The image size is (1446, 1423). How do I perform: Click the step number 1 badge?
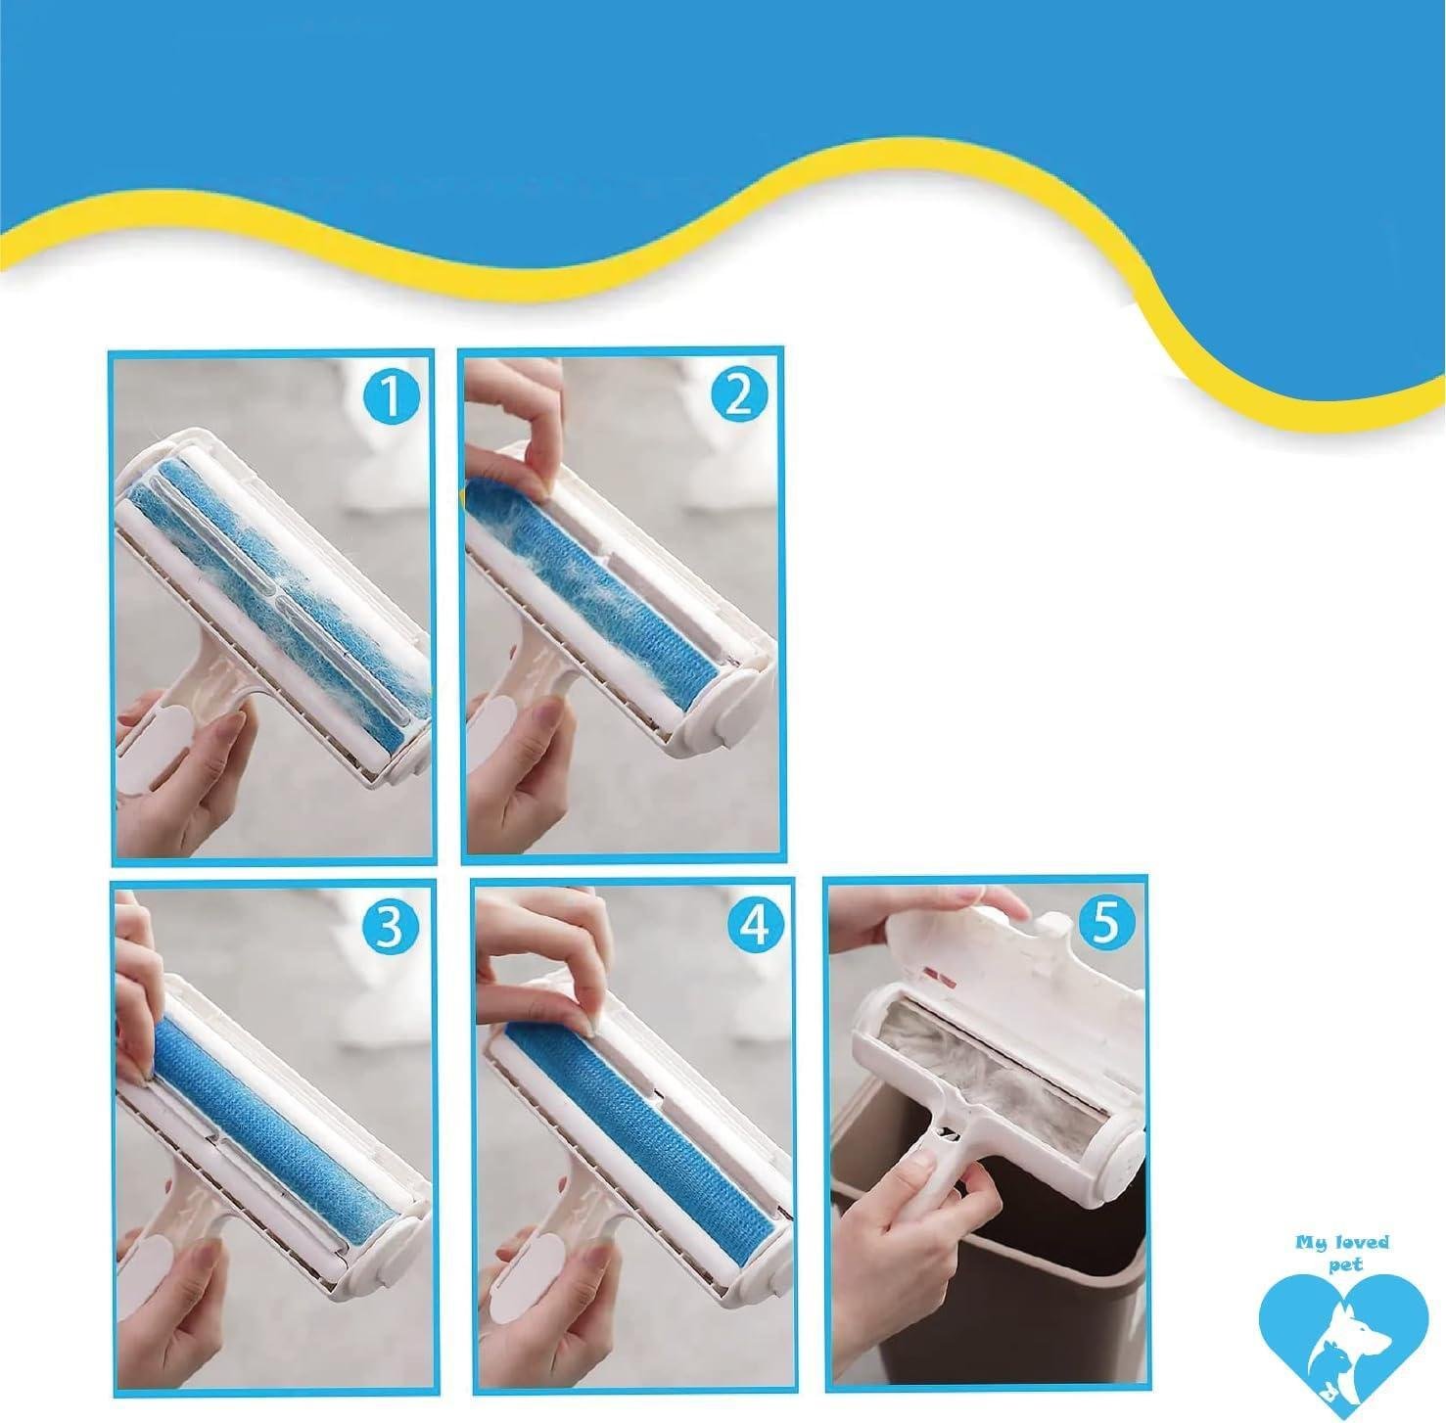click(x=390, y=397)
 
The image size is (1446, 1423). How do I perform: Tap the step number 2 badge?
click(x=740, y=395)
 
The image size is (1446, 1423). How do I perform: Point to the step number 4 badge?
click(x=753, y=926)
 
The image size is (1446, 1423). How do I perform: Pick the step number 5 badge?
click(x=1104, y=924)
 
